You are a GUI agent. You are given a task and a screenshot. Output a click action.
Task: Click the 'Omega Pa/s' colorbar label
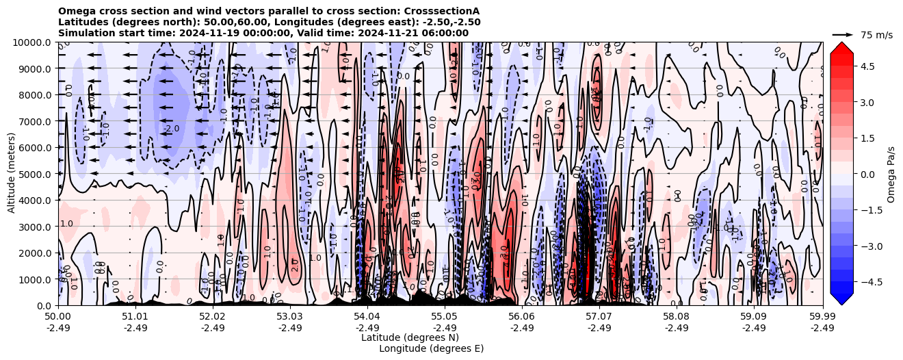point(891,174)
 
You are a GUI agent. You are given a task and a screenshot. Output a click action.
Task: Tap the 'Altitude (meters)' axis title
point(12,174)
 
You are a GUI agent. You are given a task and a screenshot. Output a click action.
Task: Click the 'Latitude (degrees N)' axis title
point(410,337)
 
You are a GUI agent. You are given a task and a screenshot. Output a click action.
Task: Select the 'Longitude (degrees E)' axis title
point(431,348)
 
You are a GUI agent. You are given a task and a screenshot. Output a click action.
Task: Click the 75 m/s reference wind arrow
point(843,34)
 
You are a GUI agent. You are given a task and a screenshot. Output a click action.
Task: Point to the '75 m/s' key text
point(876,35)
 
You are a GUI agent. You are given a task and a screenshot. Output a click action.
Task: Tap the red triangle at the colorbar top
point(841,47)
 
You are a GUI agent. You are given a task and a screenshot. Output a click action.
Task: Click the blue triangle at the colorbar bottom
point(841,299)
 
